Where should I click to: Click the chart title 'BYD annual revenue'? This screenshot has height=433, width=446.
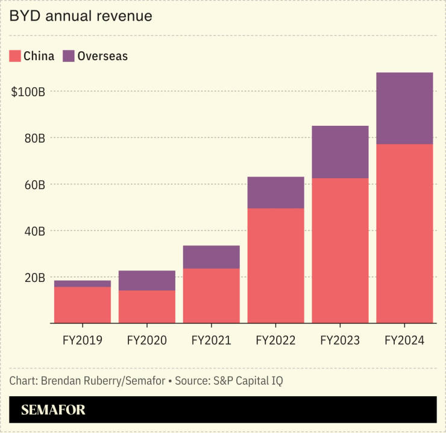pyautogui.click(x=80, y=16)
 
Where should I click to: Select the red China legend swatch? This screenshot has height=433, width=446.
pyautogui.click(x=16, y=56)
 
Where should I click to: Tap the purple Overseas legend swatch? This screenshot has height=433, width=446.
pyautogui.click(x=69, y=56)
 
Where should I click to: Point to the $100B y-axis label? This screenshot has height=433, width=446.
pyautogui.click(x=28, y=92)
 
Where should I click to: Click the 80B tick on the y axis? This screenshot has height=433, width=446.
pyautogui.click(x=34, y=138)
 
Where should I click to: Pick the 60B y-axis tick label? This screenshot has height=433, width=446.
pyautogui.click(x=34, y=184)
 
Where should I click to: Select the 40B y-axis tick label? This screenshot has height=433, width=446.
pyautogui.click(x=34, y=231)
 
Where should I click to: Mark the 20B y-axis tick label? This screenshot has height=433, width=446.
pyautogui.click(x=34, y=277)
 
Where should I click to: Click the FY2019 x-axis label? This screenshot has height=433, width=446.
pyautogui.click(x=83, y=340)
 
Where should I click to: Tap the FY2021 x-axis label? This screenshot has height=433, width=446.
pyautogui.click(x=211, y=340)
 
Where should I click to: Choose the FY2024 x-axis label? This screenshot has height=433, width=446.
pyautogui.click(x=404, y=340)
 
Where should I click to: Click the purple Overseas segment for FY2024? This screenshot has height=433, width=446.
pyautogui.click(x=404, y=108)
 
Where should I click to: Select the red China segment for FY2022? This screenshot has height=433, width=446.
pyautogui.click(x=275, y=266)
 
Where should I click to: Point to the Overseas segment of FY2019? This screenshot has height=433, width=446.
pyautogui.click(x=83, y=284)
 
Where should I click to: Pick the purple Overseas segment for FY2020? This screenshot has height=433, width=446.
pyautogui.click(x=147, y=281)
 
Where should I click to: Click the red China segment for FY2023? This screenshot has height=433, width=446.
pyautogui.click(x=340, y=251)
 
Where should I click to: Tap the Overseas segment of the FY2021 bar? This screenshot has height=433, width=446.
pyautogui.click(x=211, y=257)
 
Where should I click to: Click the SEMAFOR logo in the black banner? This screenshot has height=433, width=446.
pyautogui.click(x=53, y=410)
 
